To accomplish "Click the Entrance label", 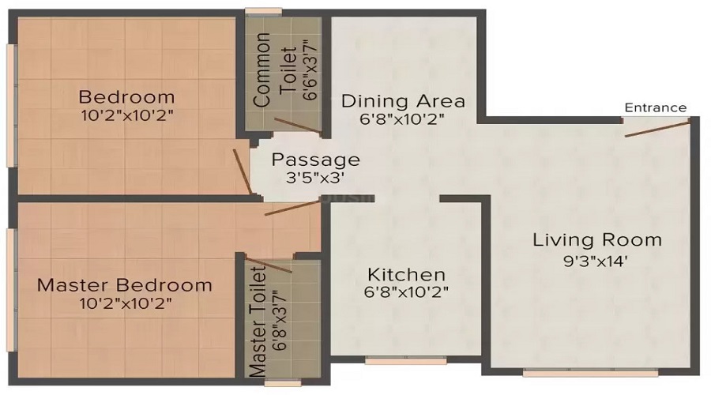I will click(x=655, y=107).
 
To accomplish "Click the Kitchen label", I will click(x=407, y=275).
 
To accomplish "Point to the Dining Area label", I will click(x=403, y=101).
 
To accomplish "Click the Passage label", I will click(x=315, y=160).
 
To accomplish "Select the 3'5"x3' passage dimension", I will click(x=315, y=179).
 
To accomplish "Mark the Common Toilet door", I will click(x=299, y=125).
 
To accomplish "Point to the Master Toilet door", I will click(x=269, y=265).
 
